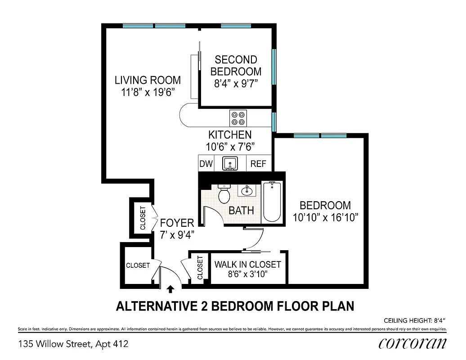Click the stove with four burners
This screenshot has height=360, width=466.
238,118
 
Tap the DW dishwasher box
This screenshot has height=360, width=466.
206,164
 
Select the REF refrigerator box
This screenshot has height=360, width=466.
258,164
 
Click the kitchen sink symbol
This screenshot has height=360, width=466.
230,163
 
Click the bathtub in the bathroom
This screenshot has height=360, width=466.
272,201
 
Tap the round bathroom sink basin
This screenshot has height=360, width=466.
246,191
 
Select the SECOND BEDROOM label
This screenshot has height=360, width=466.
236,65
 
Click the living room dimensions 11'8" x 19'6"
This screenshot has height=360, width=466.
148,92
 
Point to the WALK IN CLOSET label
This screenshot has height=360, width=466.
247,265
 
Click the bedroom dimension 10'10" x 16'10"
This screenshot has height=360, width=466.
325,217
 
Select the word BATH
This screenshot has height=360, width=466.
241,210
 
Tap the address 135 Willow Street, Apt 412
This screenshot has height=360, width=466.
73,344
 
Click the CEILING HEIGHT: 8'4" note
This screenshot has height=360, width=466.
414,321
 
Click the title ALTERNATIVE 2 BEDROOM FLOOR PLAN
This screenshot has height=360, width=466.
235,306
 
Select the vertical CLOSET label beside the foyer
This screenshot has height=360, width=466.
143,218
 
